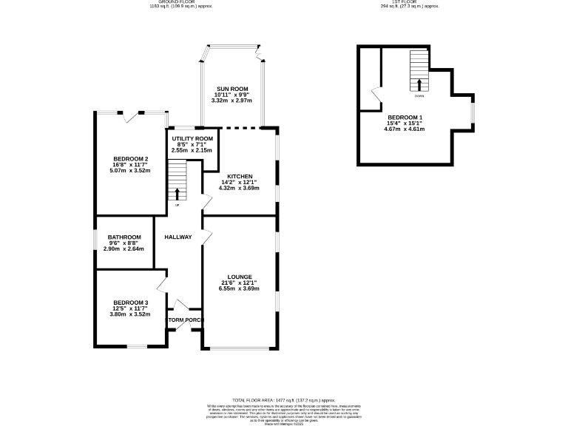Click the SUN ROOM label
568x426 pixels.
[231, 89]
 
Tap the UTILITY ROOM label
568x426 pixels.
[192, 138]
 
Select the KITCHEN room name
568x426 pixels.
[240, 176]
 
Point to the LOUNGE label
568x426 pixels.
[240, 277]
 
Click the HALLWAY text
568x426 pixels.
[178, 237]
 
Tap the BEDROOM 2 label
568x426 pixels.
[131, 159]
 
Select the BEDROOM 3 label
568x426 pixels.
[131, 302]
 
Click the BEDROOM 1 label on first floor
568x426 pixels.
[405, 118]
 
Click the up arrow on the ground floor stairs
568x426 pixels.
[177, 194]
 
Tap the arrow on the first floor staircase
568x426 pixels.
[419, 84]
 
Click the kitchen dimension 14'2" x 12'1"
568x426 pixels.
[240, 182]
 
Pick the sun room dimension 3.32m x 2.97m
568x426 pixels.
[231, 101]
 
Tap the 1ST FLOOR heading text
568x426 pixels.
[410, 2]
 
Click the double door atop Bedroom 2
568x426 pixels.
[135, 115]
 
